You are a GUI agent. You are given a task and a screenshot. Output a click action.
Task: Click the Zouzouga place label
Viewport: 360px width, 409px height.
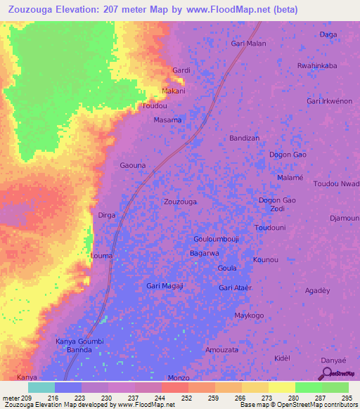180,202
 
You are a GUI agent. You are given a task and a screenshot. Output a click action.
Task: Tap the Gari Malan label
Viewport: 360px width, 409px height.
248,44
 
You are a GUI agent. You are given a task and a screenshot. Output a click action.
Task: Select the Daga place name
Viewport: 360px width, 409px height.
328,34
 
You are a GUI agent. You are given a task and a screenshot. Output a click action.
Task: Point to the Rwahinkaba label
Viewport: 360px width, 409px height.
317,66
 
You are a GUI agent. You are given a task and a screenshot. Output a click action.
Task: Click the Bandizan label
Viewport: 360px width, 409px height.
245,138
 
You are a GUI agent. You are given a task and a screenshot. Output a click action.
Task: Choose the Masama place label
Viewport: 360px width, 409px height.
167,120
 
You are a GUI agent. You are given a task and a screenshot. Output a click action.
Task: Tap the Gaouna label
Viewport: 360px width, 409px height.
133,166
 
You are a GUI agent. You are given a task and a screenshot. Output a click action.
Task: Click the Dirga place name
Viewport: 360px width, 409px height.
106,215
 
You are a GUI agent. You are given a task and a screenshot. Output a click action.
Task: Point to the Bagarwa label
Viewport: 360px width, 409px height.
205,253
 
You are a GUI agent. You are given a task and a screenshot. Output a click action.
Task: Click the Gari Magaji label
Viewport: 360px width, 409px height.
165,286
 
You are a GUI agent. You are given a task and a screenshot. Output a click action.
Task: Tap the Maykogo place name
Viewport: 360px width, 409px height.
249,316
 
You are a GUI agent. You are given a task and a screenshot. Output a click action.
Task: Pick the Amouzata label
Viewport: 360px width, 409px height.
221,349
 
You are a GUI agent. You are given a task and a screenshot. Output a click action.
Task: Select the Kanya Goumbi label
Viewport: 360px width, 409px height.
79,342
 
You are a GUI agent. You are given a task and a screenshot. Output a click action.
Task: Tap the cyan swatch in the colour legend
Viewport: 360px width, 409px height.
41,387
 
